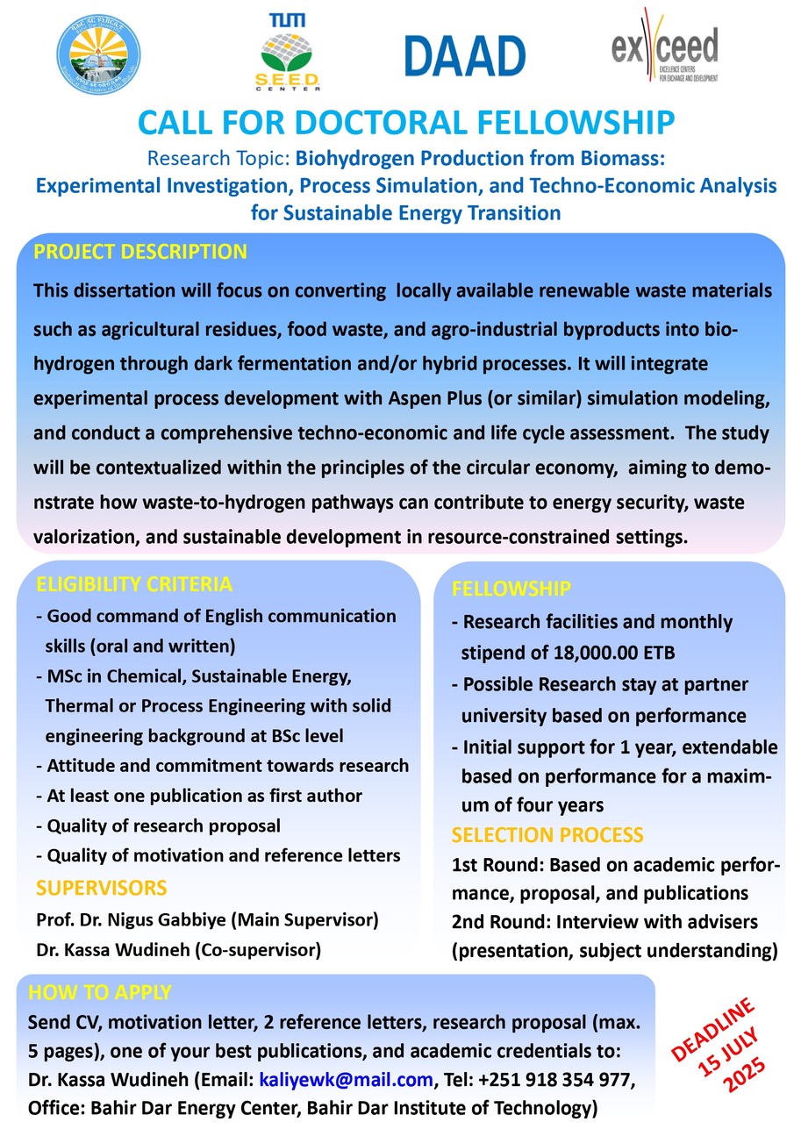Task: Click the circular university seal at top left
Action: [97, 55]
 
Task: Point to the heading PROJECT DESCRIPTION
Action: [140, 253]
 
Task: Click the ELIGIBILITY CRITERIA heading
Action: [134, 584]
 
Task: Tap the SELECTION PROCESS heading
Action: [547, 834]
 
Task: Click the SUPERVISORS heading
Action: [101, 888]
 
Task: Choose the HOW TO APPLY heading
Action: [100, 993]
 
